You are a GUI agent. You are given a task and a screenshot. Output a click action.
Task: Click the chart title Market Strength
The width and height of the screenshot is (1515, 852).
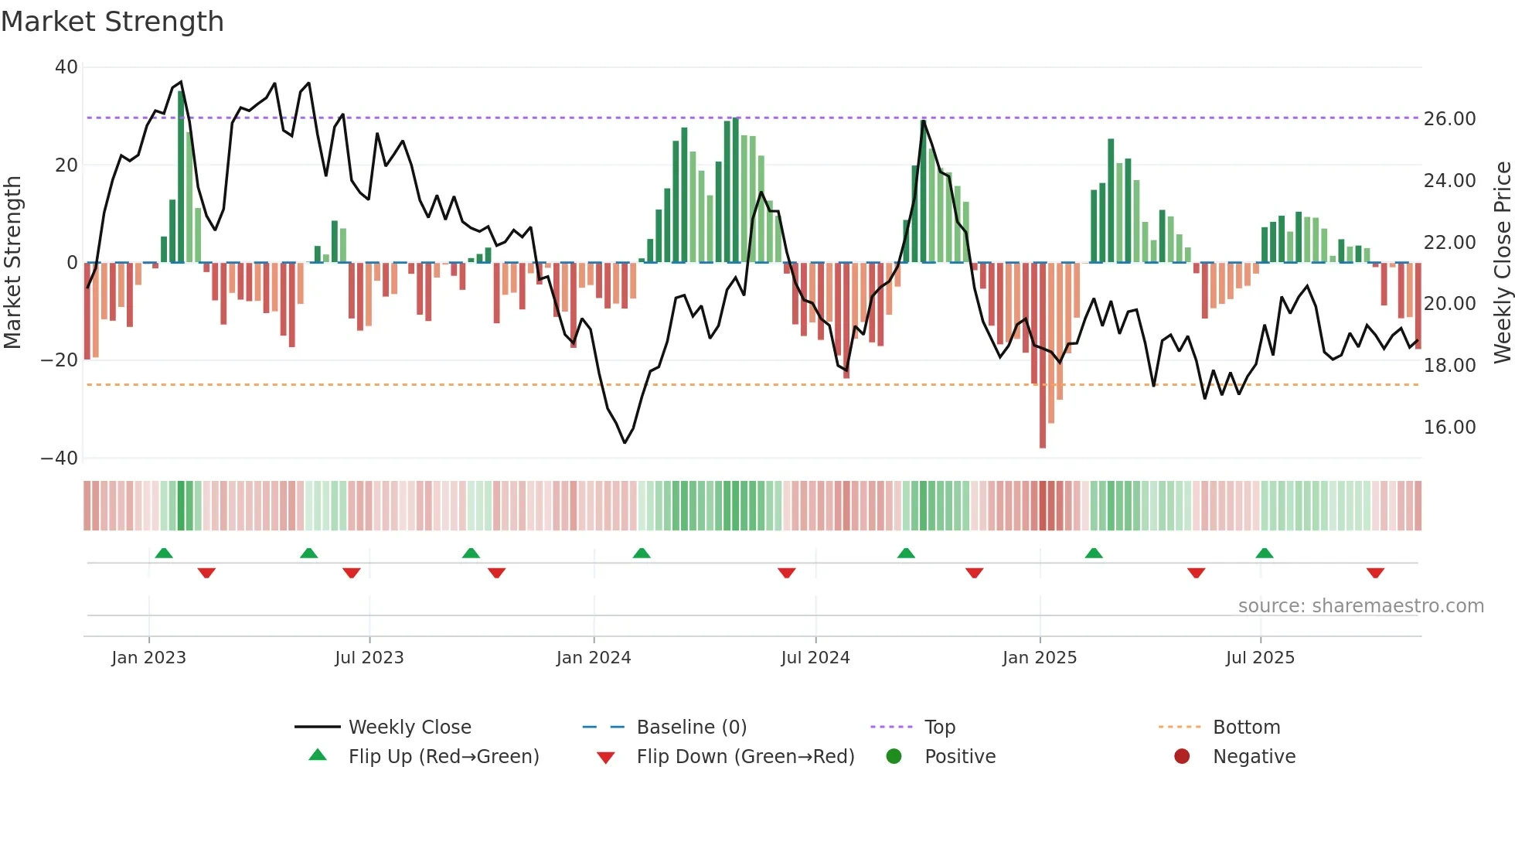point(112,22)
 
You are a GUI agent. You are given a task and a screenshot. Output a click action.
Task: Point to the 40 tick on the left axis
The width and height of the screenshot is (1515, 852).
point(66,67)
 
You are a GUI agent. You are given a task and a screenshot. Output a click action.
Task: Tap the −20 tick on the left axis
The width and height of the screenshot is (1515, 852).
point(60,360)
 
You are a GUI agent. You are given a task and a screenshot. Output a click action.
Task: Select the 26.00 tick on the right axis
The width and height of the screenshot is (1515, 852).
point(1449,119)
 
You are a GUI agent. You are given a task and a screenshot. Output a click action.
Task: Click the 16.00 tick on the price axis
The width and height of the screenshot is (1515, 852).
point(1449,428)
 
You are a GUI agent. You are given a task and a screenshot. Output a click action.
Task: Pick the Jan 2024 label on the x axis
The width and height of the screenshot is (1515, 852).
point(593,658)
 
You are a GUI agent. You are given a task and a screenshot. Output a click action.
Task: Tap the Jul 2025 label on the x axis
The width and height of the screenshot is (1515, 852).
point(1259,658)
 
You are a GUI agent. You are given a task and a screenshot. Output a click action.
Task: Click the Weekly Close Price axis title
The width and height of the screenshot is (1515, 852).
point(1502,263)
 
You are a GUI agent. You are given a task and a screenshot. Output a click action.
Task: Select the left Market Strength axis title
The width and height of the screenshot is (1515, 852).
point(12,263)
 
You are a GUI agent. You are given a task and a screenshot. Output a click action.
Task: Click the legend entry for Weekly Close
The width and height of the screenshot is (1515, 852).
point(409,728)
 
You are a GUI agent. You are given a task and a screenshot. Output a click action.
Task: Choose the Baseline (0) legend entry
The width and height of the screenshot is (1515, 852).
point(691,728)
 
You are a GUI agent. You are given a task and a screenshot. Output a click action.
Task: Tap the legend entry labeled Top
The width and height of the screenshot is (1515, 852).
point(939,728)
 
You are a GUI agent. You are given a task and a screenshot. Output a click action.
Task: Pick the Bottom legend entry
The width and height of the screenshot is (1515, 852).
point(1246,728)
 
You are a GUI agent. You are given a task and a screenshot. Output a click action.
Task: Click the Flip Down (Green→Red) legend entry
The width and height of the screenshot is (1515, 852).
point(745,757)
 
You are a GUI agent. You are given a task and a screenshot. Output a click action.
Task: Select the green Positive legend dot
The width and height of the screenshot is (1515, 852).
point(894,757)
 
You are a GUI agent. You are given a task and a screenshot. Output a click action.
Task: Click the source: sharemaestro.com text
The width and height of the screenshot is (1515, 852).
point(1360,606)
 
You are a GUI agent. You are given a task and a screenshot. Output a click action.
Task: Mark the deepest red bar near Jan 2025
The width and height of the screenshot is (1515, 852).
point(1043,356)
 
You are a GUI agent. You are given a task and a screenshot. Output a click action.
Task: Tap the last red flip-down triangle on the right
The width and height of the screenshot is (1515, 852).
point(1375,573)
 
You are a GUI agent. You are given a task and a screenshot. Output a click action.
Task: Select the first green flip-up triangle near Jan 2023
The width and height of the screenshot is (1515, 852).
point(164,553)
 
